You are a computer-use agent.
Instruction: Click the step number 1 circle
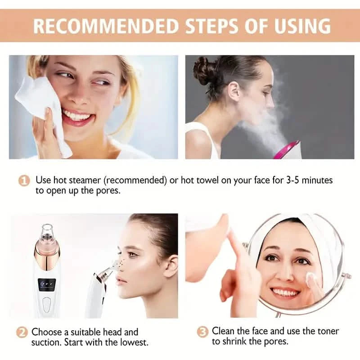tap(23, 181)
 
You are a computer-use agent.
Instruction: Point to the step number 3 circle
tap(202, 332)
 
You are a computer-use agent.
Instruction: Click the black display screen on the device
tap(46, 285)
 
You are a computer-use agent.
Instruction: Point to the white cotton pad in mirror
tap(310, 280)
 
